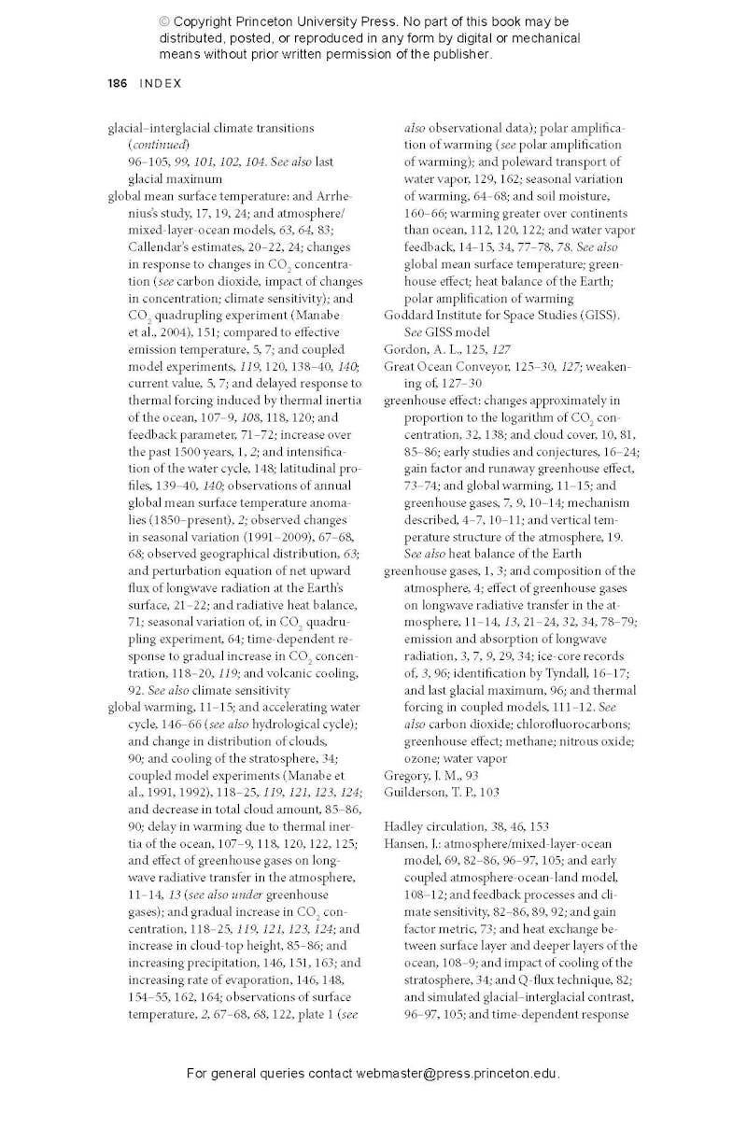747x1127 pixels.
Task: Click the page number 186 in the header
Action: pyautogui.click(x=117, y=83)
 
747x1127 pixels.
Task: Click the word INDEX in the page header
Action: pyautogui.click(x=161, y=83)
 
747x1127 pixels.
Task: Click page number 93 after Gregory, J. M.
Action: pyautogui.click(x=472, y=775)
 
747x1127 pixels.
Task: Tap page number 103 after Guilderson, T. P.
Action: pyautogui.click(x=489, y=792)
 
